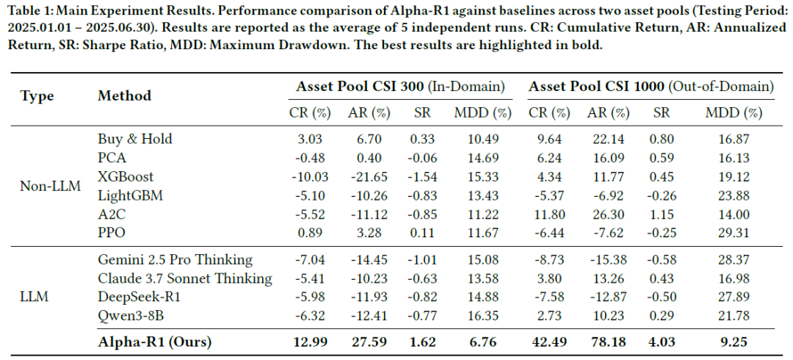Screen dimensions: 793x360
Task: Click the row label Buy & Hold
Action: (x=135, y=139)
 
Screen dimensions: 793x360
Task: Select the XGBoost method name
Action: (x=126, y=177)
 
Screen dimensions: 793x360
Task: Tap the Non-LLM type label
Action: (x=50, y=187)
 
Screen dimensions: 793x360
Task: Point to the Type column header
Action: (x=37, y=96)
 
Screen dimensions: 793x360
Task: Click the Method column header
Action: (x=124, y=96)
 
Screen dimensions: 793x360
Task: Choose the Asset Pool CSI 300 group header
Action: (x=401, y=87)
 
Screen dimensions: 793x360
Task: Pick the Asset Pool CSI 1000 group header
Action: (x=651, y=87)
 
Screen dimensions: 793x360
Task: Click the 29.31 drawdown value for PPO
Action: (x=734, y=234)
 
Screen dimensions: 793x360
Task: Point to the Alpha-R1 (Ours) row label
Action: (x=154, y=342)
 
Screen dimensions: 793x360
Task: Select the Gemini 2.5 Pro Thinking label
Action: (x=175, y=260)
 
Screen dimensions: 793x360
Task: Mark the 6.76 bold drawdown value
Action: (x=482, y=342)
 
